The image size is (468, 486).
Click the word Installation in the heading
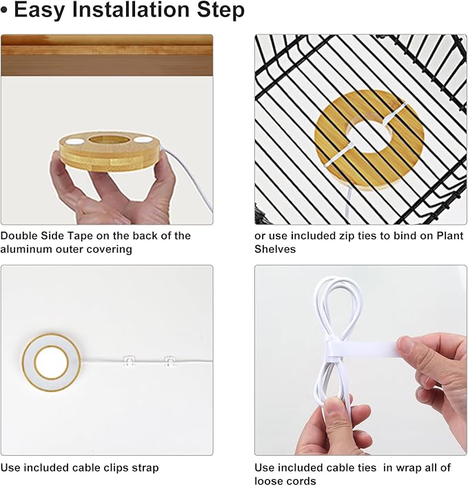click(x=132, y=10)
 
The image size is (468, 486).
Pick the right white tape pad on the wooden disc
click(x=143, y=140)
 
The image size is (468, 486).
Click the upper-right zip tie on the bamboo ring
click(x=394, y=114)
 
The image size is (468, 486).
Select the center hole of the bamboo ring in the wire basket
click(x=368, y=136)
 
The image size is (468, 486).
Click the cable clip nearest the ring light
click(x=130, y=361)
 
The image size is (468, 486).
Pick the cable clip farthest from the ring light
click(x=170, y=362)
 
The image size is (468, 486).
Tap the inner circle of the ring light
click(x=52, y=363)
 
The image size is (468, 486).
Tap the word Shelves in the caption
click(x=275, y=249)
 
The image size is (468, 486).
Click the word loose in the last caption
click(x=268, y=480)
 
